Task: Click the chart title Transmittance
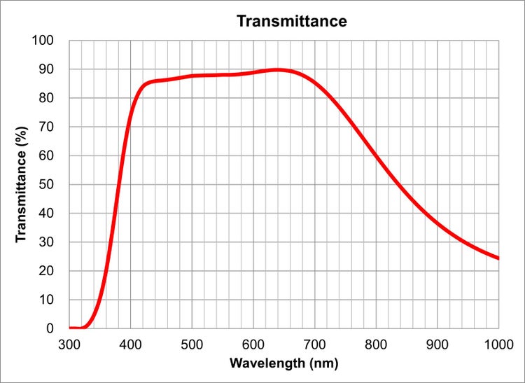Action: (x=291, y=21)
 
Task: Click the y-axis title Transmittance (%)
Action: (x=22, y=184)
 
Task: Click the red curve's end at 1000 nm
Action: (x=498, y=258)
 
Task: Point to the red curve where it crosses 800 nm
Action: (x=377, y=155)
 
